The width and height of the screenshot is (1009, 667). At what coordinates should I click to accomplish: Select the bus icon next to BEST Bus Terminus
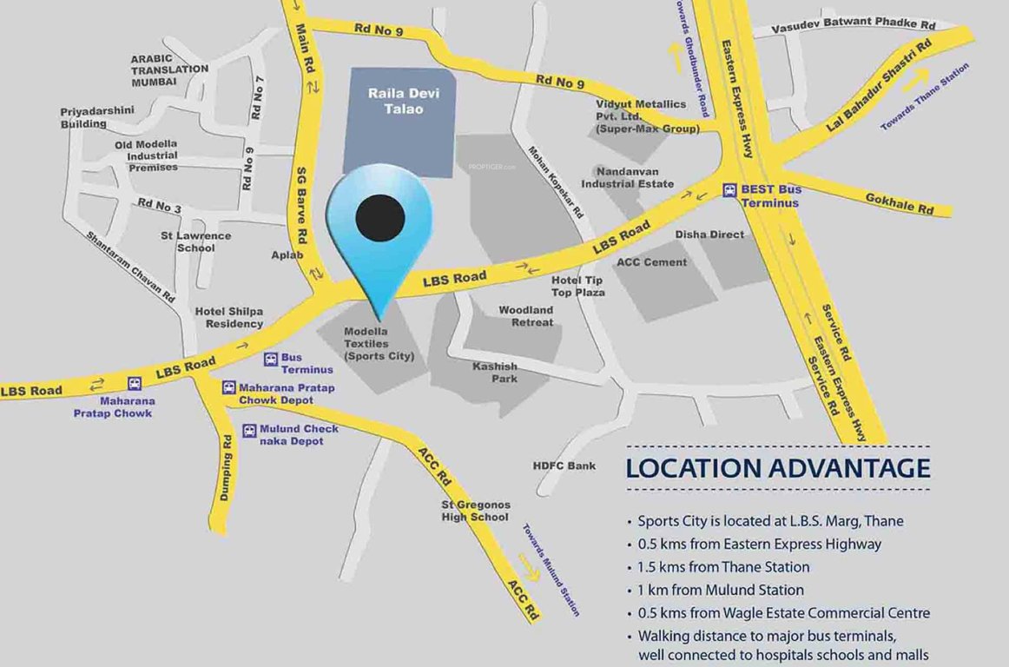tap(730, 189)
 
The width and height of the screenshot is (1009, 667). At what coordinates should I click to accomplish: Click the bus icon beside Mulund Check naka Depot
tap(249, 430)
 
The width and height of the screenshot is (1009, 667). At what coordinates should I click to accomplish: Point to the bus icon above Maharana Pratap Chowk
tap(135, 383)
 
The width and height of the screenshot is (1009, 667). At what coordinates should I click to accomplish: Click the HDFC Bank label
tap(564, 466)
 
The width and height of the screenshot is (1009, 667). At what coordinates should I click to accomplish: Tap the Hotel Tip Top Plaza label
tap(578, 286)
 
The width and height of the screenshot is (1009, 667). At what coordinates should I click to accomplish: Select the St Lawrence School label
tap(195, 241)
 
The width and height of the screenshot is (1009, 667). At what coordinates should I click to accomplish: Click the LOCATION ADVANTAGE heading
tap(778, 468)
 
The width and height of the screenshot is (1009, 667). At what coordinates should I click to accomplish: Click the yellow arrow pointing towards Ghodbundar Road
tap(673, 55)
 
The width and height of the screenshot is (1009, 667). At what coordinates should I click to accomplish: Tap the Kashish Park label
tap(495, 373)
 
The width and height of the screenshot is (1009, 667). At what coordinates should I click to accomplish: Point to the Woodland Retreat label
tap(525, 316)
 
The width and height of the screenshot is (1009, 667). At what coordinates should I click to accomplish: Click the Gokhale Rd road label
tap(899, 204)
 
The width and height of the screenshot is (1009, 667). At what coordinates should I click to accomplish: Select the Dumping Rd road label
tap(226, 478)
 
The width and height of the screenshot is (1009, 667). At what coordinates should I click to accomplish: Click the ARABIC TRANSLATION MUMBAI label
tap(169, 70)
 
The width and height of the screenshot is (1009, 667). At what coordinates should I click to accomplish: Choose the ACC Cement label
tap(651, 262)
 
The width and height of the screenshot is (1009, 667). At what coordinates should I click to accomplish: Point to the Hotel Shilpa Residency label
tap(229, 317)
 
